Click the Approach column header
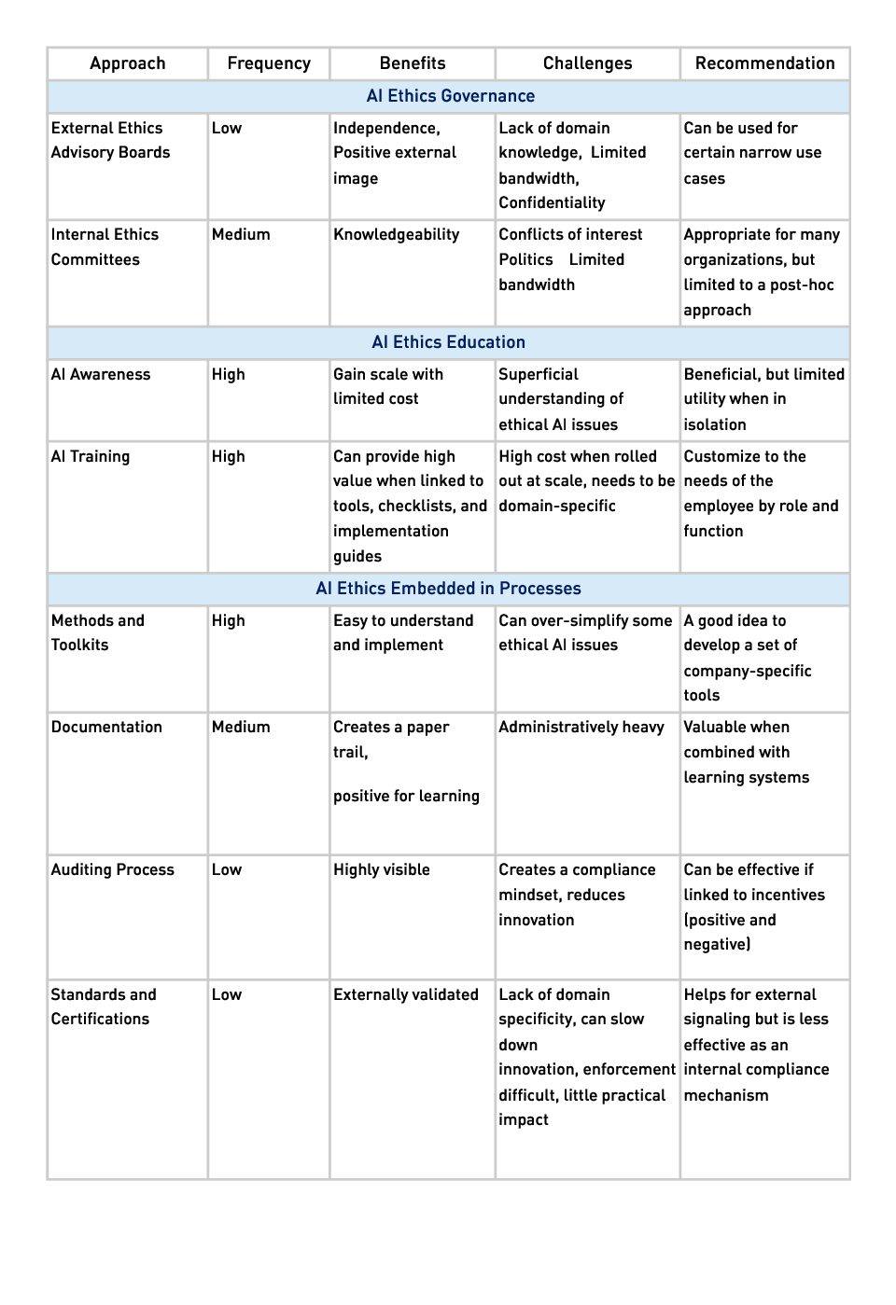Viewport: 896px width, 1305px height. click(x=127, y=63)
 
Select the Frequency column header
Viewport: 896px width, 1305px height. click(x=269, y=63)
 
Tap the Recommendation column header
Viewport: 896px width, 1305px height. click(x=764, y=63)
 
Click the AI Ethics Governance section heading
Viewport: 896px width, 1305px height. click(x=451, y=96)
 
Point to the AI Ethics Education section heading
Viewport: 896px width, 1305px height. click(x=448, y=342)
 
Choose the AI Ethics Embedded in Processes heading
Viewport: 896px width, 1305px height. click(x=448, y=589)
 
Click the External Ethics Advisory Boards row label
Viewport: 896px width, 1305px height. click(x=110, y=140)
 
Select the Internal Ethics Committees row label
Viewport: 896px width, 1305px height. click(x=105, y=247)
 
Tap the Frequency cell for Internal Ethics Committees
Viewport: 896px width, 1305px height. click(x=241, y=235)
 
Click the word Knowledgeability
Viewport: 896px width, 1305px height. click(x=396, y=235)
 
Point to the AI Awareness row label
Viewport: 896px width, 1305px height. click(x=101, y=375)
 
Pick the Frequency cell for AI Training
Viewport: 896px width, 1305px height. click(x=229, y=457)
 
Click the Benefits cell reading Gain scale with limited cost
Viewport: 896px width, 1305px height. click(x=387, y=387)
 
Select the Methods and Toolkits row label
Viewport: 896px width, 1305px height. click(x=97, y=632)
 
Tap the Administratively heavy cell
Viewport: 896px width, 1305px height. click(x=581, y=728)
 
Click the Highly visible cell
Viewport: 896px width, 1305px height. click(x=381, y=870)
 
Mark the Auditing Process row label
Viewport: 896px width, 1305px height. click(x=112, y=870)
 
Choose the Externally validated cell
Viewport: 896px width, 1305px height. click(x=405, y=995)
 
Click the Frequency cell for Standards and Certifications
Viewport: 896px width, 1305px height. click(x=227, y=995)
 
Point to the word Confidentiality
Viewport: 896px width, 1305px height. click(x=552, y=203)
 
